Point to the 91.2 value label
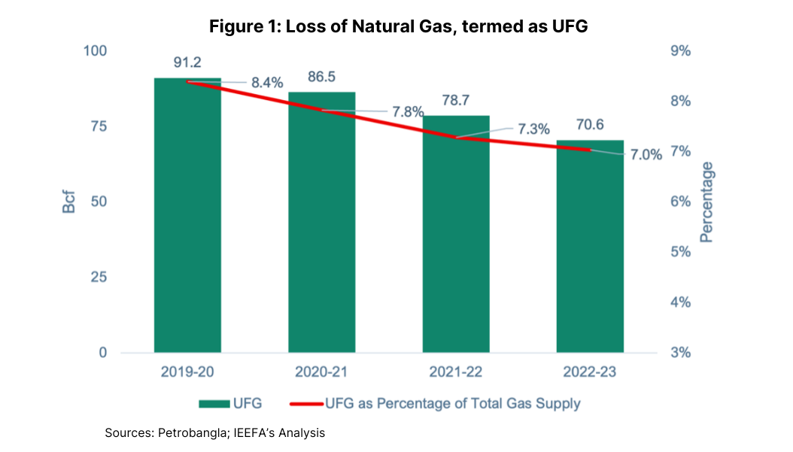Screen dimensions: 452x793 pos(187,62)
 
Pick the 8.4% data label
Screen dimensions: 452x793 pos(267,83)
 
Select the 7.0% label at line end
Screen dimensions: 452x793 pos(646,156)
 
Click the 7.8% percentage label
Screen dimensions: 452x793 pos(408,112)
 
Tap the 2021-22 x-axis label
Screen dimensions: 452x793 pos(456,372)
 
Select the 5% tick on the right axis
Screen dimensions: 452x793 pos(681,252)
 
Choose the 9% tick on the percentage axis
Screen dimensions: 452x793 pos(681,51)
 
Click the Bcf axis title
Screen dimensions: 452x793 pos(69,202)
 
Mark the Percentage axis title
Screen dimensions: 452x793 pos(706,202)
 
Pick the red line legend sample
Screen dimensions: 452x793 pos(306,404)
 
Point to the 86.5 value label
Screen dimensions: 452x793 pos(321,77)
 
